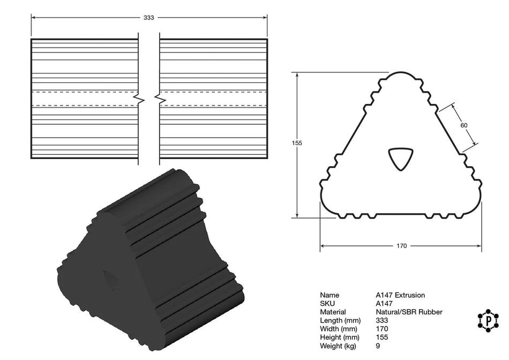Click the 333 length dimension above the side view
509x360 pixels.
(x=149, y=18)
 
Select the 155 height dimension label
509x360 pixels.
(x=298, y=143)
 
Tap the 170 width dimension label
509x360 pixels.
(x=401, y=246)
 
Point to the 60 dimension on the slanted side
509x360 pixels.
(x=464, y=125)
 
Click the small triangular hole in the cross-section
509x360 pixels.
(x=401, y=159)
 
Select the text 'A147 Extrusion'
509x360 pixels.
(x=400, y=295)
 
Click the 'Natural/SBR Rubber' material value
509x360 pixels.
(x=409, y=312)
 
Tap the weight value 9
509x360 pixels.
(x=378, y=346)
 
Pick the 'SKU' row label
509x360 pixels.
(x=327, y=303)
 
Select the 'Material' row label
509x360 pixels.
(x=333, y=312)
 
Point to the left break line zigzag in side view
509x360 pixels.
(x=139, y=99)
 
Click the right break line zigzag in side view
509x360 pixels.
(x=159, y=99)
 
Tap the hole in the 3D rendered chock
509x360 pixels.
(x=111, y=279)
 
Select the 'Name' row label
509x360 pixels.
(x=329, y=295)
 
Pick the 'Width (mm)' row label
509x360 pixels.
(x=337, y=329)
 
